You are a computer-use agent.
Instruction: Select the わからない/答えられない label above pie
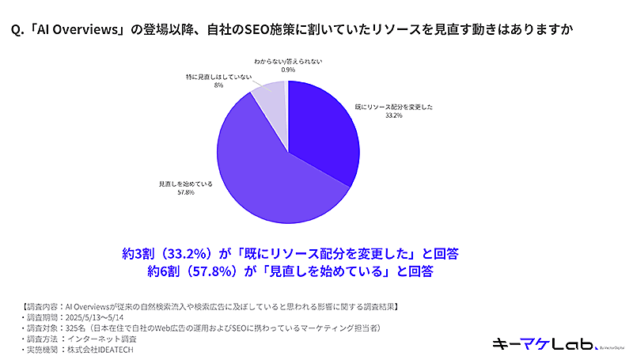pos(288,61)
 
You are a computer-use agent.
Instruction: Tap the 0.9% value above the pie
pos(288,70)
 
